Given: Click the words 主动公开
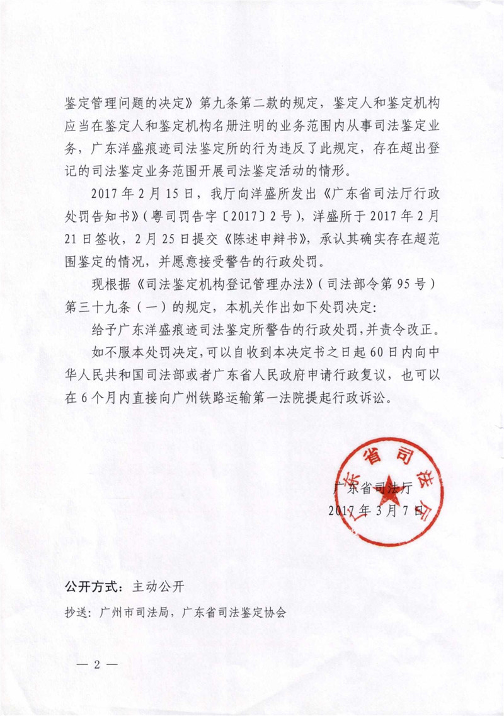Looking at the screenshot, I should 157,586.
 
